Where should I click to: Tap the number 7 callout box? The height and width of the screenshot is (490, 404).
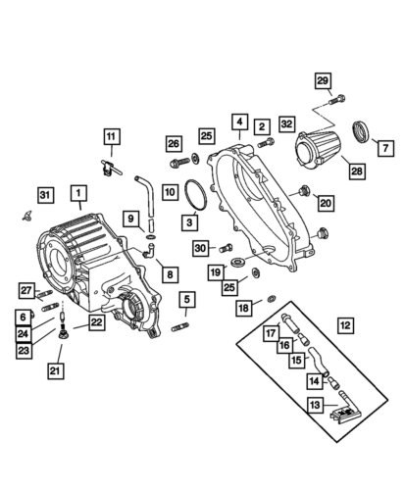tap(383, 147)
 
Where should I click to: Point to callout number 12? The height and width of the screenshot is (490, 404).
tap(344, 324)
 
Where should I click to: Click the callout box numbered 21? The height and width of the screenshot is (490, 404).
tap(55, 370)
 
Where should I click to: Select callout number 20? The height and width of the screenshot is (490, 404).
tap(326, 203)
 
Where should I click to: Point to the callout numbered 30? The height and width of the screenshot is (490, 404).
tap(199, 248)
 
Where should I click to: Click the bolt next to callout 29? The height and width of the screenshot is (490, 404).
tap(338, 98)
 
